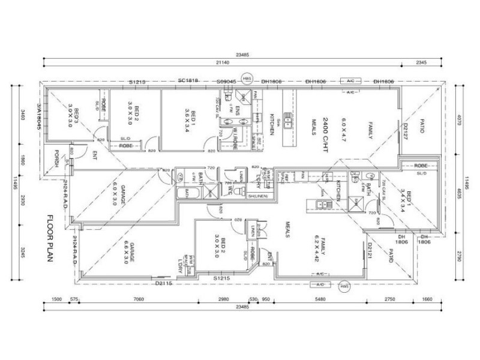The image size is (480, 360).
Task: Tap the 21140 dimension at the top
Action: [243, 62]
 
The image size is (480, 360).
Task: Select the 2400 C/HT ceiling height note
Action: [326, 123]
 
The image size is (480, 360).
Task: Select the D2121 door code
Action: [370, 250]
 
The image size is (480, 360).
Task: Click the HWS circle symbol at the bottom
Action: [344, 286]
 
